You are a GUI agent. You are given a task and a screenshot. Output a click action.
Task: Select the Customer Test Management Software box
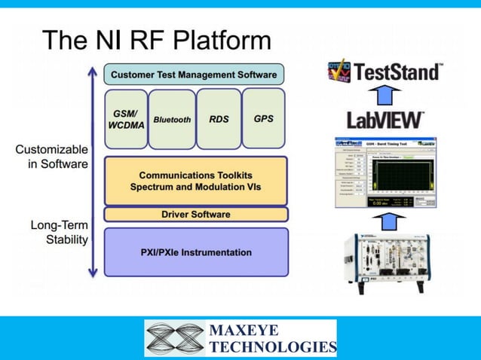[x=194, y=74]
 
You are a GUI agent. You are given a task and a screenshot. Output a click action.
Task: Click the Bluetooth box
[x=172, y=119]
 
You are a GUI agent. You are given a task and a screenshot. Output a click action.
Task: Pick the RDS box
[x=219, y=119]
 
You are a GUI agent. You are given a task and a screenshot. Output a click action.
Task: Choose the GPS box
[x=263, y=118]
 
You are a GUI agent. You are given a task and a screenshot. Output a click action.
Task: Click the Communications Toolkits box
[x=195, y=181]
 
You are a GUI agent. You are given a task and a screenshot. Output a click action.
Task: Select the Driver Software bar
[x=195, y=215]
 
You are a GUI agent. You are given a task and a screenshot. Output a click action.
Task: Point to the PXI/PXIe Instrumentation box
[x=195, y=252]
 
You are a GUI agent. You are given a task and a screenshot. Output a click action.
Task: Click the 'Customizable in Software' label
[x=51, y=157]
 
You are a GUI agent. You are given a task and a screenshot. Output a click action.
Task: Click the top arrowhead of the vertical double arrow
[x=93, y=72]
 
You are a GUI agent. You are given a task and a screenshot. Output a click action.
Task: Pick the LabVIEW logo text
[x=384, y=119]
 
